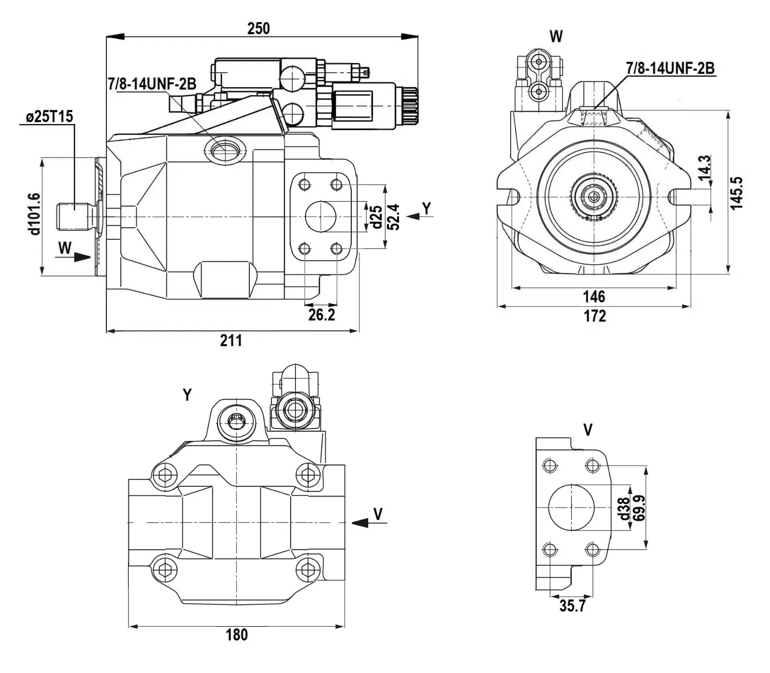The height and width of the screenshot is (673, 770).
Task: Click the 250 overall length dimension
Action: pyautogui.click(x=258, y=28)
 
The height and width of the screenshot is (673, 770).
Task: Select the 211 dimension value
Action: pyautogui.click(x=231, y=340)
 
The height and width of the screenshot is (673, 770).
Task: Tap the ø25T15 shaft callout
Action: pyautogui.click(x=50, y=116)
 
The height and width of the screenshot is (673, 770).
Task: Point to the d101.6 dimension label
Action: pyautogui.click(x=34, y=214)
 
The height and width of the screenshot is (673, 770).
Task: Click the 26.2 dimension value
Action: pyautogui.click(x=321, y=315)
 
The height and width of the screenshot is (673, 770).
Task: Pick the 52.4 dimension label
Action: pyautogui.click(x=393, y=217)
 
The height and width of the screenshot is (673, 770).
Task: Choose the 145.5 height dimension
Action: pyautogui.click(x=737, y=193)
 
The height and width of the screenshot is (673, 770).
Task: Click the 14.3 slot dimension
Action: pyautogui.click(x=705, y=168)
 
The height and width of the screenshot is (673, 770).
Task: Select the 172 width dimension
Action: pyautogui.click(x=595, y=316)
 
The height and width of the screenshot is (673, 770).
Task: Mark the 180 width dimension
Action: pyautogui.click(x=237, y=634)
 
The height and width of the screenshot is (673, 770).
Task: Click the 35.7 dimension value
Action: pyautogui.click(x=572, y=606)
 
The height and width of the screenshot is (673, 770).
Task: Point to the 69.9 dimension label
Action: pyautogui.click(x=639, y=508)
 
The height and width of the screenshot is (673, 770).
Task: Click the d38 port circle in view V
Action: pyautogui.click(x=571, y=507)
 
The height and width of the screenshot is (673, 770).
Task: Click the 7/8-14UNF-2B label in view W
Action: pyautogui.click(x=670, y=69)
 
